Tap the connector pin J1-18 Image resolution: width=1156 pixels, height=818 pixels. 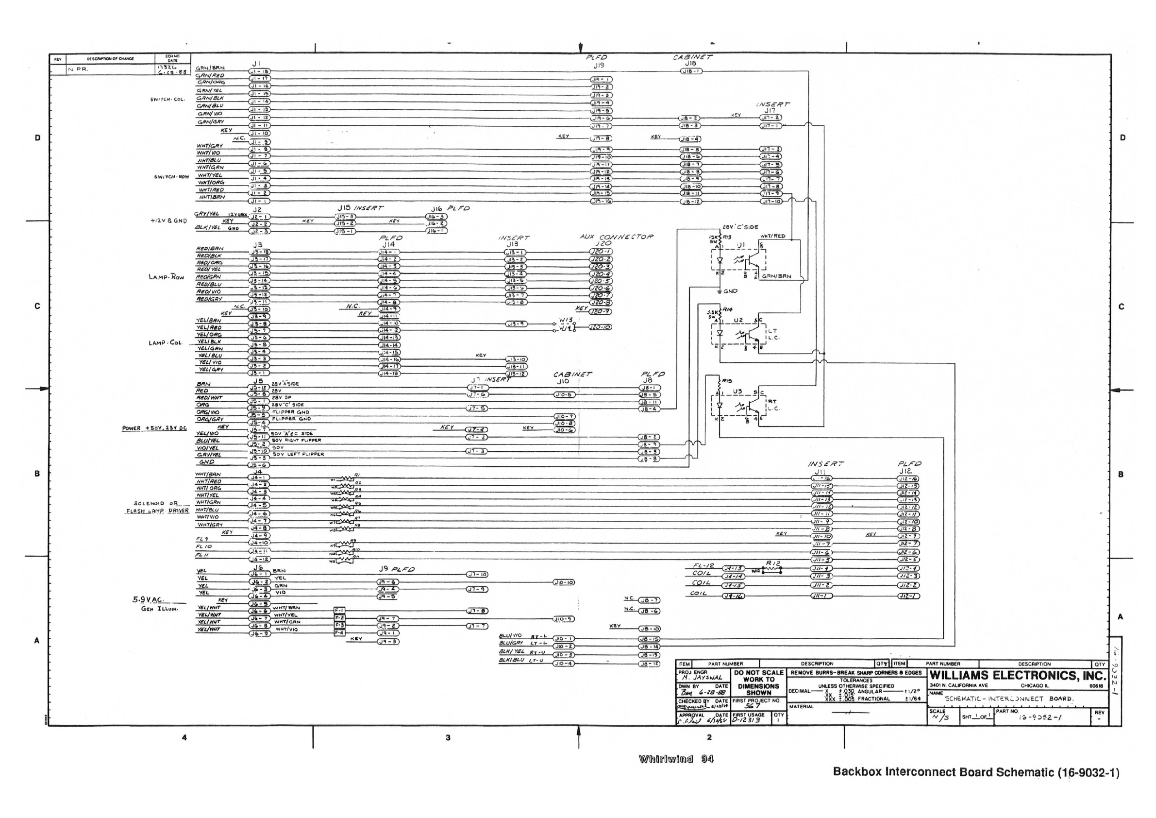coord(259,71)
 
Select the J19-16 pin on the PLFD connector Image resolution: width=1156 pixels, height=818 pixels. coord(601,201)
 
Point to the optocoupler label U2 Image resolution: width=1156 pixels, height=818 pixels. coord(738,320)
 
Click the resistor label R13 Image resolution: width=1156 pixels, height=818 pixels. coord(726,236)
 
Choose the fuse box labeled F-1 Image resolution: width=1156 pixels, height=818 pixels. coord(339,611)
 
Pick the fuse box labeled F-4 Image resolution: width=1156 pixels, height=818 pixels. coord(339,632)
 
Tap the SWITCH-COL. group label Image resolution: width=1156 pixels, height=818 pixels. coord(168,99)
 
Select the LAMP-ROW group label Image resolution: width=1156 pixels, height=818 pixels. coord(166,277)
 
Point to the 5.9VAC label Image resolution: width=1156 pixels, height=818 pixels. coord(148,599)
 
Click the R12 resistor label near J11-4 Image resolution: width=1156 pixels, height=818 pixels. coord(773,563)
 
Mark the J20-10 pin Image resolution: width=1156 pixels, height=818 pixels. coord(601,327)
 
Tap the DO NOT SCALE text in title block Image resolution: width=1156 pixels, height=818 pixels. coord(758,672)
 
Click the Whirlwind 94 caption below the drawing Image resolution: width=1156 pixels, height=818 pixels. coord(676,759)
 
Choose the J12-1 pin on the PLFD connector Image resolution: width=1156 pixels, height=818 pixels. coord(909,596)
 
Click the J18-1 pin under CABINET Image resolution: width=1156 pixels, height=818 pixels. coord(691,71)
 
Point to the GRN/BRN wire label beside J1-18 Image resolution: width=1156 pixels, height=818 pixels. coord(210,68)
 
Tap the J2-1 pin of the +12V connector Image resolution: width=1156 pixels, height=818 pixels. coord(259,217)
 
